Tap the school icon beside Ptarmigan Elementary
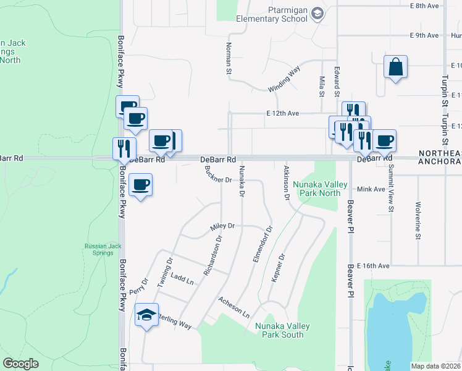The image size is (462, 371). pyautogui.click(x=317, y=14)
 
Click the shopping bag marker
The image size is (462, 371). pyautogui.click(x=395, y=67)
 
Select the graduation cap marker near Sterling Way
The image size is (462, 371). pyautogui.click(x=147, y=315)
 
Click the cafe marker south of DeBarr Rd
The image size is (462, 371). pyautogui.click(x=140, y=185)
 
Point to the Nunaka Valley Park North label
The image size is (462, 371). pyautogui.click(x=316, y=189)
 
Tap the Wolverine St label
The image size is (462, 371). pyautogui.click(x=418, y=219)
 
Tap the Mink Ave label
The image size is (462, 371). pyautogui.click(x=371, y=189)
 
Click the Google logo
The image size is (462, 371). pyautogui.click(x=21, y=364)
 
